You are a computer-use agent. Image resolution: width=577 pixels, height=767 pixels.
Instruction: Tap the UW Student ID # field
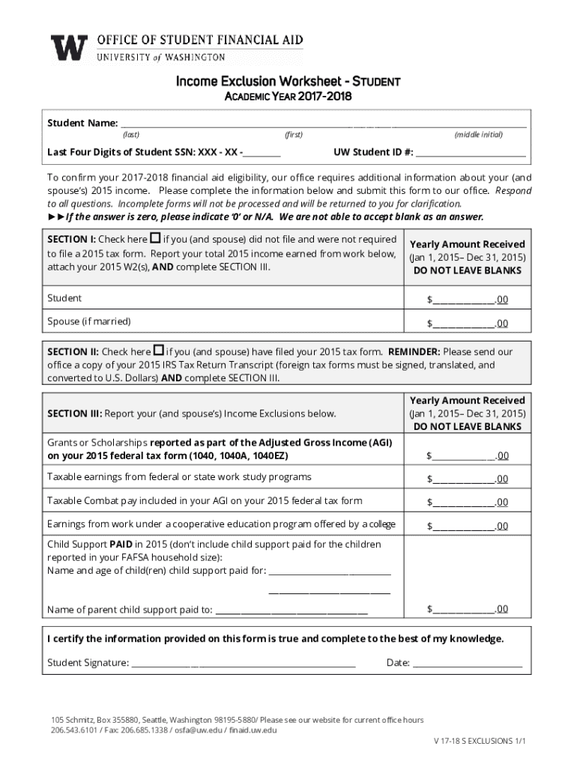(471, 154)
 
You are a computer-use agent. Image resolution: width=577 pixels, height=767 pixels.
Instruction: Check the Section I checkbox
(156, 239)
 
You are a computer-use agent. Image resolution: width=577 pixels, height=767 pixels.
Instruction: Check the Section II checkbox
(158, 351)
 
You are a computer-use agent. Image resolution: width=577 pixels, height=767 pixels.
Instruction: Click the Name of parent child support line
(291, 610)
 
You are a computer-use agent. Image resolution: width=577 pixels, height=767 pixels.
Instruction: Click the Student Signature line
(244, 664)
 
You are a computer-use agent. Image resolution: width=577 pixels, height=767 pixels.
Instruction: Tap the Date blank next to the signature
(468, 664)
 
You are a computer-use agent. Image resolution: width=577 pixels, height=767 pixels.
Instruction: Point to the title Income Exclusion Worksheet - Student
(288, 81)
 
